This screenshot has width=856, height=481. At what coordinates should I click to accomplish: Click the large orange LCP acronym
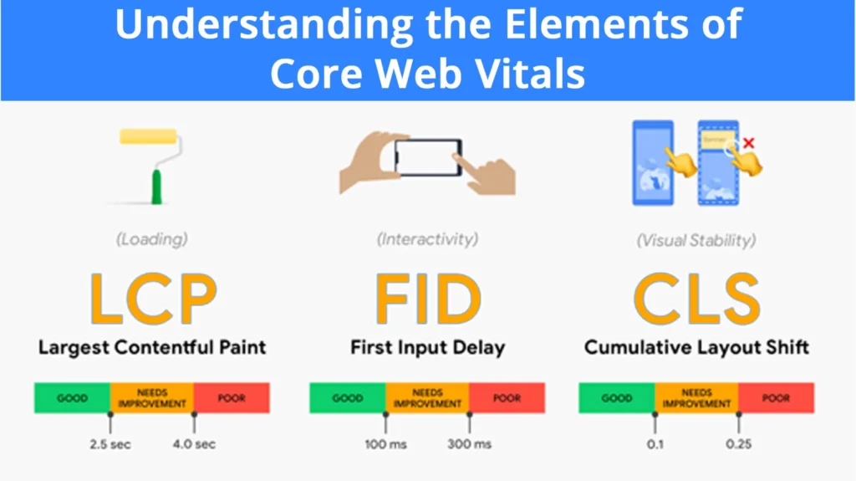click(154, 299)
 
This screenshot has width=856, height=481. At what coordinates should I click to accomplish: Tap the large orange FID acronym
click(428, 299)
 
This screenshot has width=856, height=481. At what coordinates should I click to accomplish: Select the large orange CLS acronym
click(696, 299)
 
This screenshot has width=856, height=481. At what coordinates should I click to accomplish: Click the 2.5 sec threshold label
click(110, 444)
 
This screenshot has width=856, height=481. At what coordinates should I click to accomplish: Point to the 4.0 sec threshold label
click(194, 444)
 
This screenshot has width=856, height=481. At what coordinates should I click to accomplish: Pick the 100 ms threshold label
click(386, 444)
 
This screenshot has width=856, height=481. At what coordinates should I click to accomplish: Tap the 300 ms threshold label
click(470, 444)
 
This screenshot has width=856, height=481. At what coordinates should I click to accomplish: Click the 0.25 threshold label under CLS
click(739, 444)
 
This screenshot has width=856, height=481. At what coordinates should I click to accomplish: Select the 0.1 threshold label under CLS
click(655, 444)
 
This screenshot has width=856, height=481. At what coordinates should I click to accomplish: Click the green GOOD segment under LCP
click(72, 398)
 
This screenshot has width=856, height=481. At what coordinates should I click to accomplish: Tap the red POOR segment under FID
click(507, 398)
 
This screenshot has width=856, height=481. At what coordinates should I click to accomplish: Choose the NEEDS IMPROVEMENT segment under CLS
click(696, 398)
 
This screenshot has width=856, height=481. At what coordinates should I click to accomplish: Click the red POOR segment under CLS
click(777, 398)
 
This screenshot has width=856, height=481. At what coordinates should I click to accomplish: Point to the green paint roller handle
click(156, 187)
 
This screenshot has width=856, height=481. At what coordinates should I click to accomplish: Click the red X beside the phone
click(748, 143)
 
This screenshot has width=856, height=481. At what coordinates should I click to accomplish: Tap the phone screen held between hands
click(428, 157)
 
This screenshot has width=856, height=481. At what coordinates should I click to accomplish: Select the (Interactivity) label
click(427, 239)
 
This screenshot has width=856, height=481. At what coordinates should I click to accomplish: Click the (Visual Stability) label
click(696, 240)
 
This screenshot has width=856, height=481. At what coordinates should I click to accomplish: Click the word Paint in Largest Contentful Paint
click(242, 348)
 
